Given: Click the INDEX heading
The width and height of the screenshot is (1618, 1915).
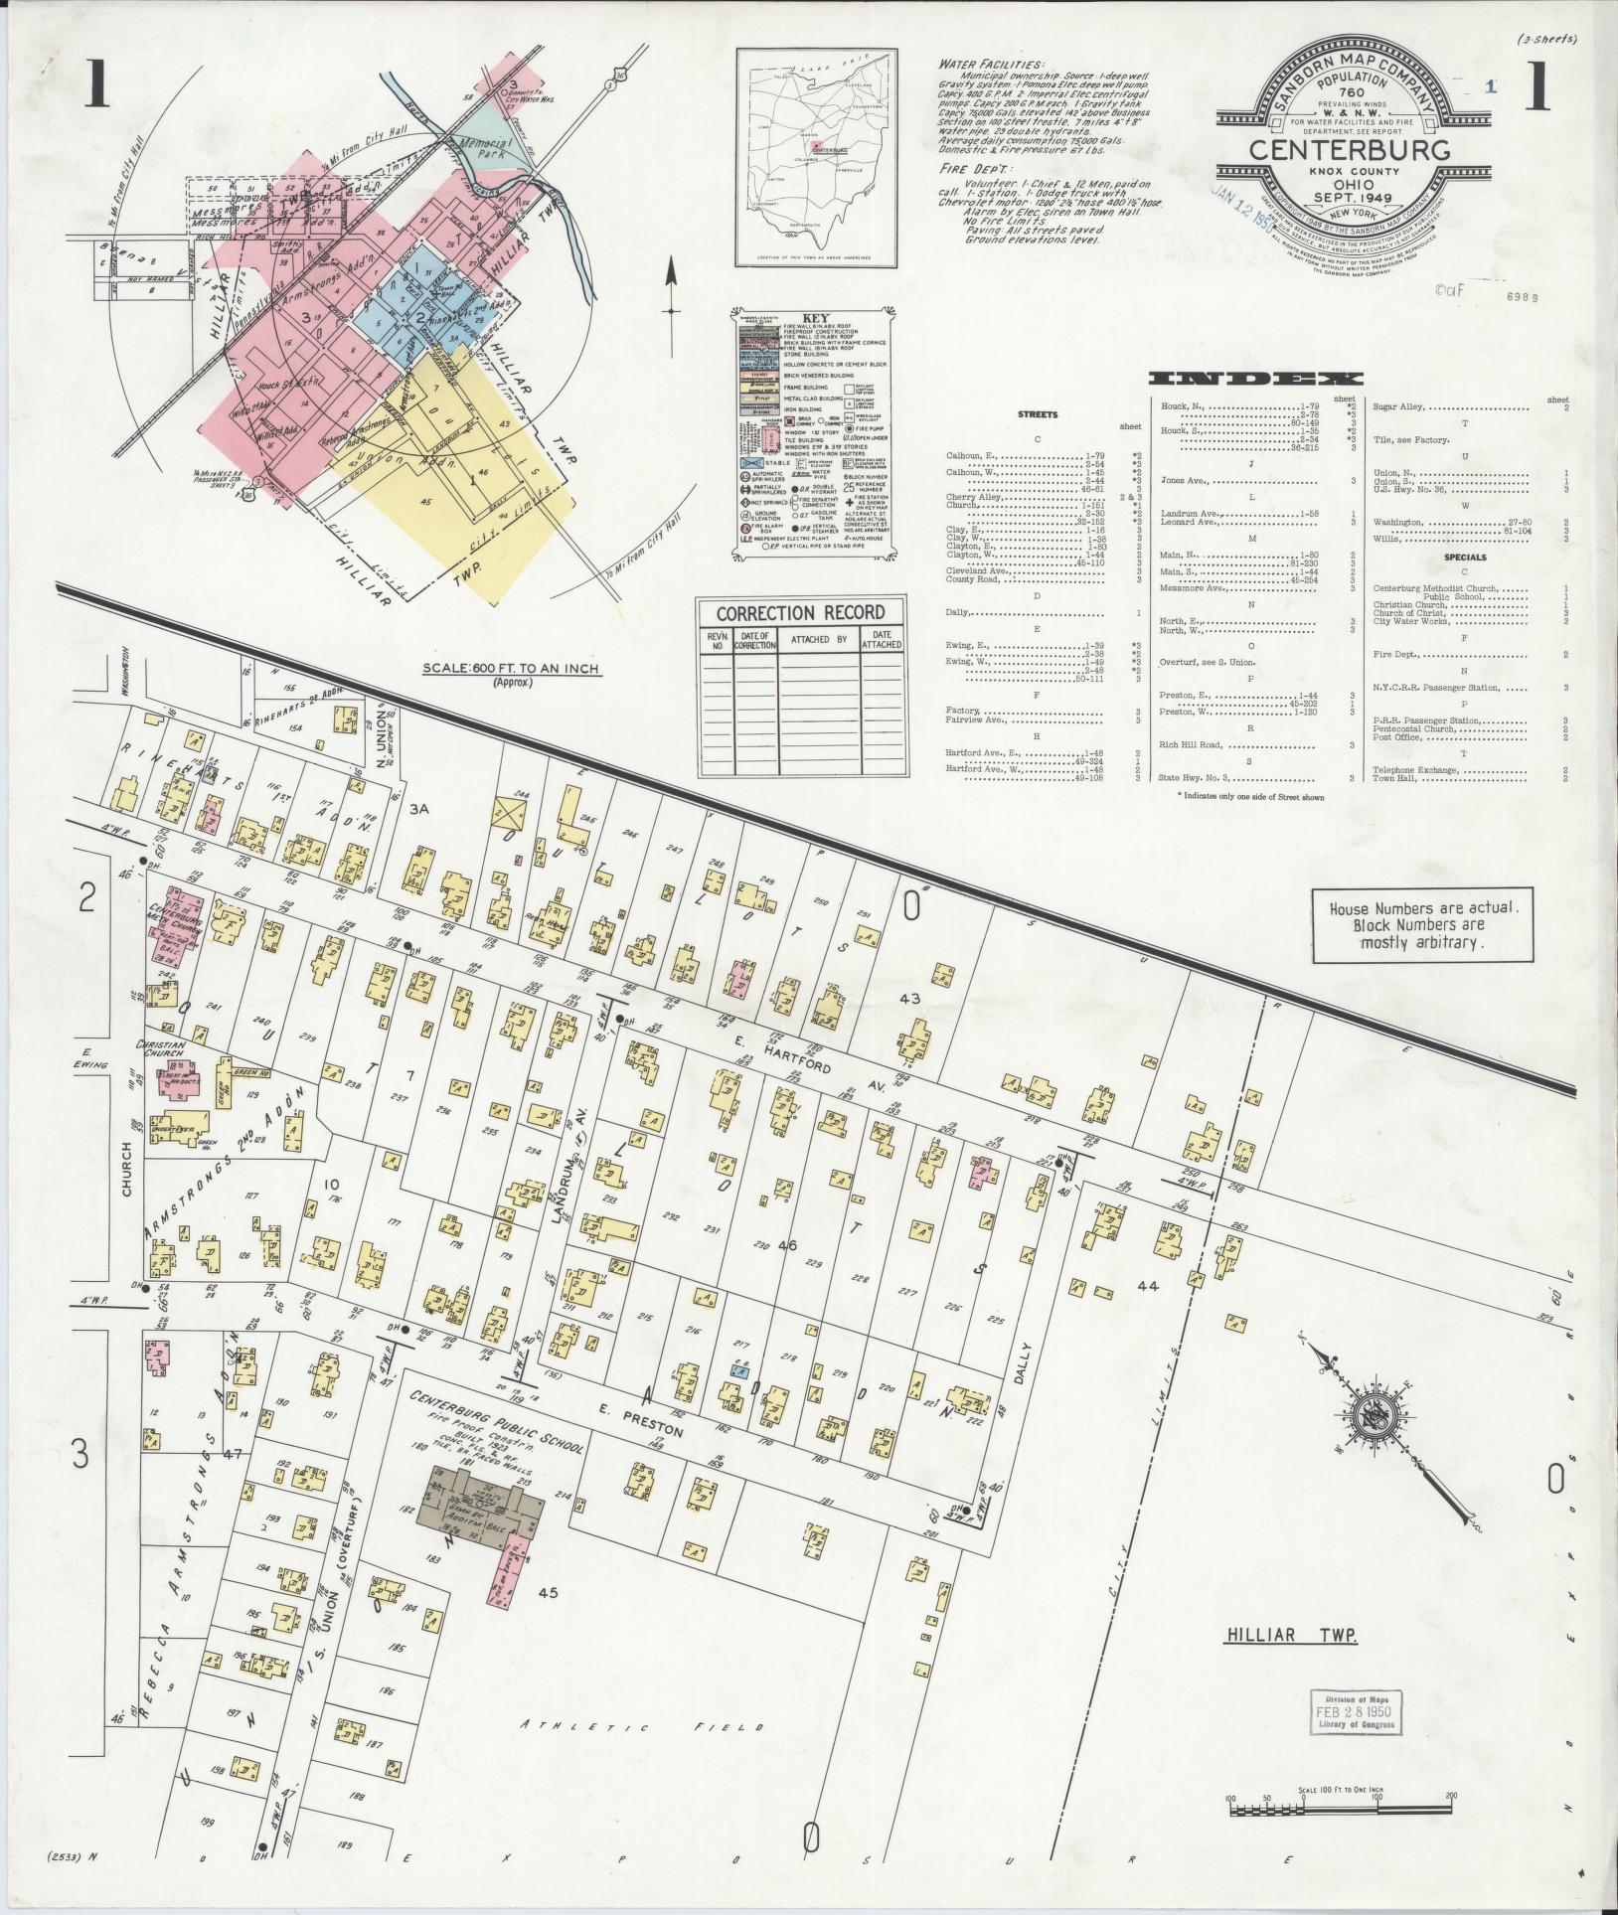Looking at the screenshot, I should pyautogui.click(x=1255, y=379).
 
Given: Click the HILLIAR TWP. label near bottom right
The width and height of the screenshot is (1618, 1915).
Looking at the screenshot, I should pyautogui.click(x=1291, y=1636).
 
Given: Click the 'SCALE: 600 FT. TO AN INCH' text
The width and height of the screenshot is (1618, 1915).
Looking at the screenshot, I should pyautogui.click(x=510, y=669).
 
